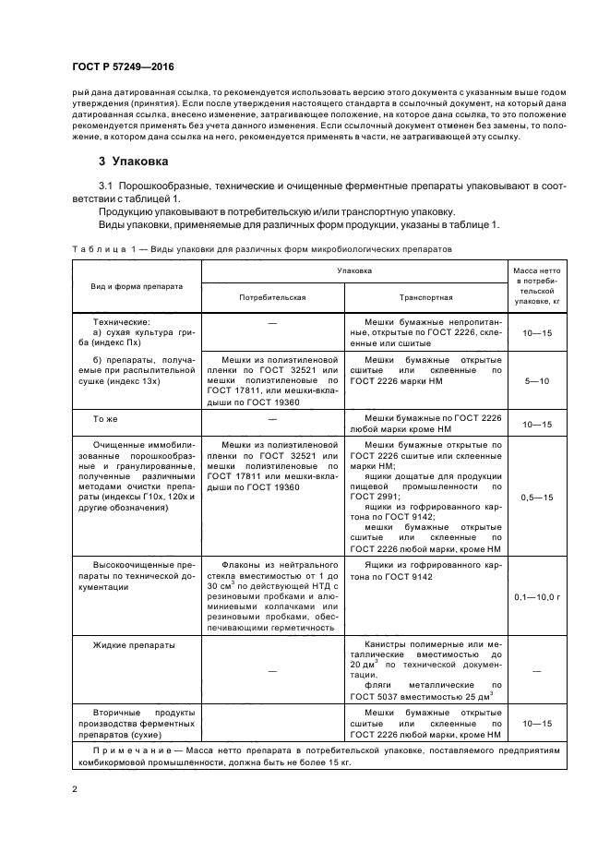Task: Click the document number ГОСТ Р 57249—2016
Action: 122,66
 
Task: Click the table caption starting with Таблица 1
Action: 261,249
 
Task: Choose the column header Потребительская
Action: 271,298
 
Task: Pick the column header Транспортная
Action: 425,298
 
